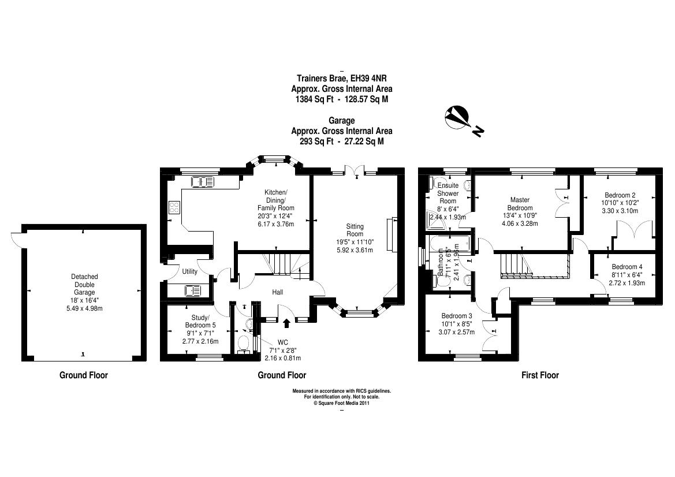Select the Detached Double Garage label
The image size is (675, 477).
coord(84,285)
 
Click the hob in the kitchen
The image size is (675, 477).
coord(174,207)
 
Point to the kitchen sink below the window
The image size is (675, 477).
coord(202,181)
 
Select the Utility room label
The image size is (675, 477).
coord(189,271)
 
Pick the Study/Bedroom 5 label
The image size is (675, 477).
coord(196,325)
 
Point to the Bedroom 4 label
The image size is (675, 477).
coord(626,267)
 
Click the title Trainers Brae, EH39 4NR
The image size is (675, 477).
coord(342,79)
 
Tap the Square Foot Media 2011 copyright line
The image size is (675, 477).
coord(341,404)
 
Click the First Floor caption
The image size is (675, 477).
coord(540,375)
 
